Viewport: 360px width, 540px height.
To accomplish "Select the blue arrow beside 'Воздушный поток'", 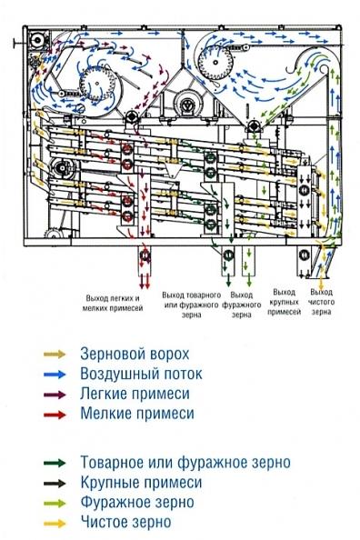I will click(x=55, y=373).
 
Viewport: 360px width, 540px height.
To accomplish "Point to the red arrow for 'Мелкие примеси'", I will click(x=55, y=413).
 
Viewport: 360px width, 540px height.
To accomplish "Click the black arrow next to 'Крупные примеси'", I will click(x=55, y=482).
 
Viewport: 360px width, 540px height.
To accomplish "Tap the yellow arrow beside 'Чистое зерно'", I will click(x=55, y=522).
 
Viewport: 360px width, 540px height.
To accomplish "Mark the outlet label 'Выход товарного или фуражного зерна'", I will click(x=190, y=302).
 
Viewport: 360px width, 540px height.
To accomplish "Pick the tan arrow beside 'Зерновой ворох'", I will click(x=55, y=353).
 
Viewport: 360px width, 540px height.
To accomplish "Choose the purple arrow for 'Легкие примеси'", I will click(x=55, y=393).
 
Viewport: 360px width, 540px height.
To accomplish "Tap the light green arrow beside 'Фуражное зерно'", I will click(x=55, y=502).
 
